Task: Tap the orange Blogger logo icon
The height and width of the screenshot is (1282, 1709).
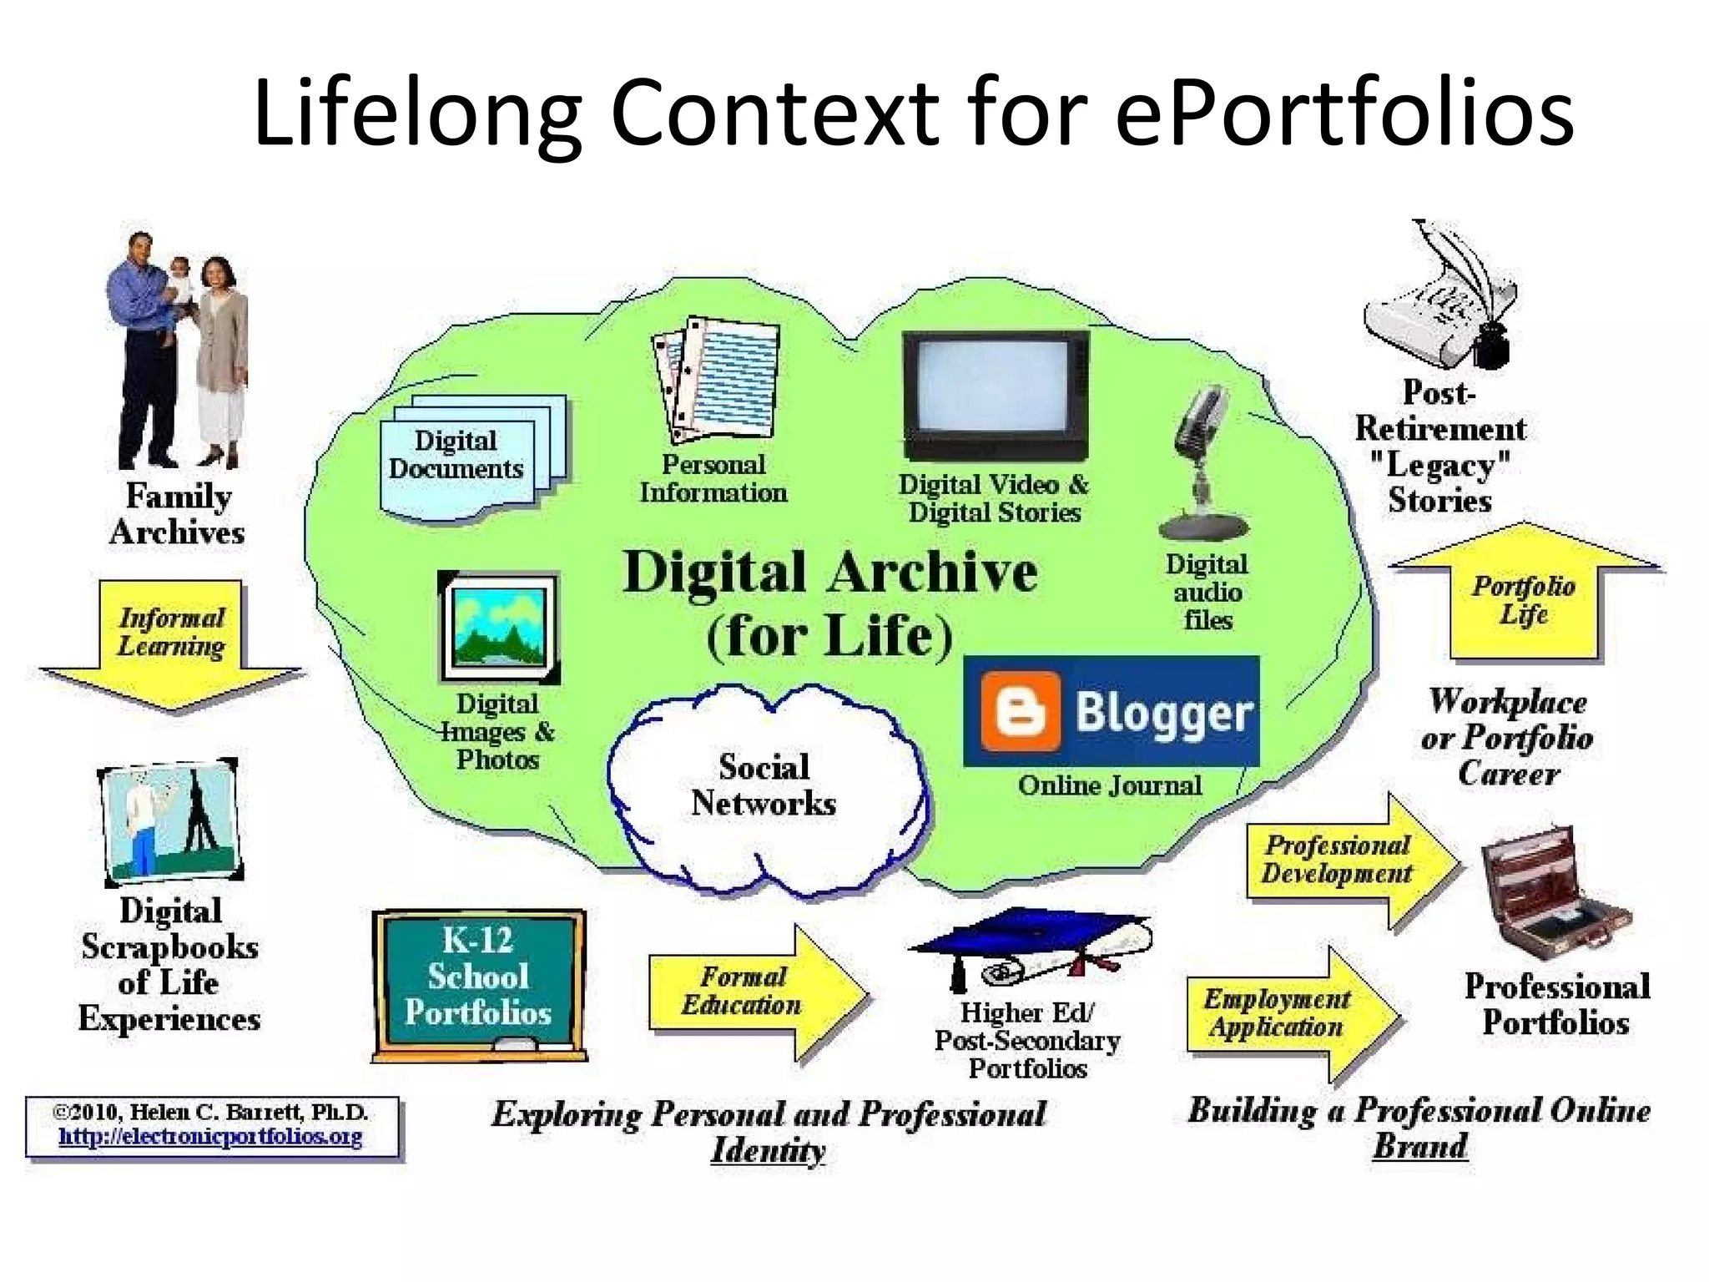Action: click(1020, 712)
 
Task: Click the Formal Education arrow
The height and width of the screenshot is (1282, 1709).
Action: click(751, 992)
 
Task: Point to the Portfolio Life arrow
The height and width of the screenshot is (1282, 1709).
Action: click(1525, 597)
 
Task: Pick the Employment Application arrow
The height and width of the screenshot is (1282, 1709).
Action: click(1285, 1013)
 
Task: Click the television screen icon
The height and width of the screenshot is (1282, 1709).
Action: click(996, 392)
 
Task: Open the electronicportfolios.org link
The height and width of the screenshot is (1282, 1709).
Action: click(210, 1137)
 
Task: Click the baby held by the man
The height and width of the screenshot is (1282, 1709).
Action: click(179, 284)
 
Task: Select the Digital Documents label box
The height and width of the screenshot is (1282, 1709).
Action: click(456, 455)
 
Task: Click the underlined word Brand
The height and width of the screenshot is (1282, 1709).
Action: click(1420, 1146)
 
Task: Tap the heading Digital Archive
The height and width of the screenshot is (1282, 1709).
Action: click(830, 573)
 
